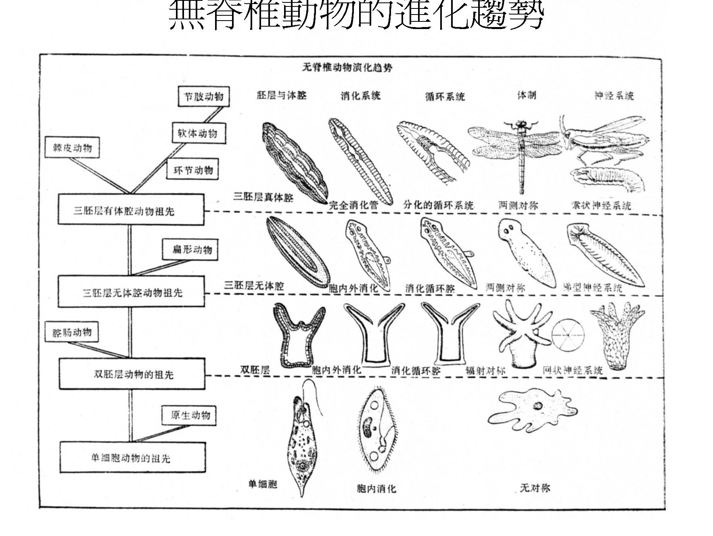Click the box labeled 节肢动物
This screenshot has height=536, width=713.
[x=203, y=96]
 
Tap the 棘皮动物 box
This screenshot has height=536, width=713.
[x=72, y=148]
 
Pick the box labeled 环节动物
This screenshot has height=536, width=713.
[x=193, y=170]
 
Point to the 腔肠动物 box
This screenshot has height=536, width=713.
[x=72, y=333]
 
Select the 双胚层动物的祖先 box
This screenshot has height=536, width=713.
[x=132, y=374]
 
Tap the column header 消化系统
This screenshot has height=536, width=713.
[x=360, y=96]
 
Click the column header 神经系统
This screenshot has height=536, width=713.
[x=614, y=96]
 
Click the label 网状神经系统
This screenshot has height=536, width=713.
[x=572, y=371]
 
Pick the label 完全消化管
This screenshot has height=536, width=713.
[x=353, y=205]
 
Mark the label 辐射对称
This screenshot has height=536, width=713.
[x=485, y=371]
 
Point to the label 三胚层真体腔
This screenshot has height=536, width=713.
[x=263, y=197]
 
